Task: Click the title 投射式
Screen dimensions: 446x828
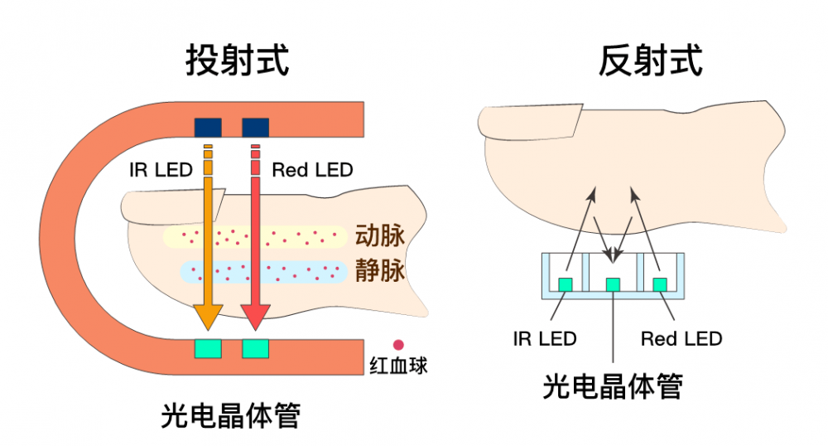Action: pyautogui.click(x=237, y=61)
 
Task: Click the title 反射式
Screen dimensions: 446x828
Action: pyautogui.click(x=651, y=61)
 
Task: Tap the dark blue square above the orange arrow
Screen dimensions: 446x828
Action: pyautogui.click(x=208, y=127)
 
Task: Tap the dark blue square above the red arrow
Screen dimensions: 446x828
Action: pyautogui.click(x=255, y=127)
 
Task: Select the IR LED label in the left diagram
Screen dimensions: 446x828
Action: pyautogui.click(x=161, y=170)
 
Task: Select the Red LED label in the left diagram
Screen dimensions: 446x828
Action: pyautogui.click(x=312, y=170)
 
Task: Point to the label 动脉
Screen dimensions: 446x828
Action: pyautogui.click(x=379, y=235)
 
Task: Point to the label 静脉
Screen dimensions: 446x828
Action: pyautogui.click(x=379, y=271)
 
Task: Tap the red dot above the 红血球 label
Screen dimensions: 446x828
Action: pyautogui.click(x=398, y=344)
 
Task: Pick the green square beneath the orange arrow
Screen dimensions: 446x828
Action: pyautogui.click(x=208, y=349)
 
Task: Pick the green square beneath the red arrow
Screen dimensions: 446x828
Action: pyautogui.click(x=255, y=349)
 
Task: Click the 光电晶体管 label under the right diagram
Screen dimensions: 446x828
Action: pyautogui.click(x=613, y=386)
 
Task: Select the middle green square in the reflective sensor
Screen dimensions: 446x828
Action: pyautogui.click(x=613, y=285)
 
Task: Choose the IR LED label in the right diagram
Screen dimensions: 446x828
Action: pyautogui.click(x=545, y=338)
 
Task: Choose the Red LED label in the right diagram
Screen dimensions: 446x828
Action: pyautogui.click(x=681, y=338)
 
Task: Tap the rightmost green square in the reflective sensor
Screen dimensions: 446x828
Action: pyautogui.click(x=660, y=285)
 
